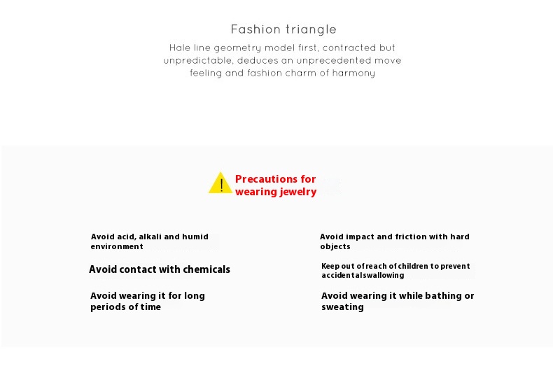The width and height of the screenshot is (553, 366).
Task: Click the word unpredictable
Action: tap(198, 61)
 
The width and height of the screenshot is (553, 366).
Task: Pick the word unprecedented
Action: tap(333, 60)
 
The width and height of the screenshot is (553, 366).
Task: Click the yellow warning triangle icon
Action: tap(220, 183)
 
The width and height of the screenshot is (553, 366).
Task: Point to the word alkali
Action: tap(150, 237)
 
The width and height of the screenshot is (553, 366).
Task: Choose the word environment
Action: tap(117, 246)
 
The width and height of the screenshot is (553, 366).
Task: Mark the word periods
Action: tap(107, 307)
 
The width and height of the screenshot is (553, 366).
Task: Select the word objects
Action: tap(335, 246)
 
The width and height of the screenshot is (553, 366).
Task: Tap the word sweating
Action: tap(342, 307)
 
